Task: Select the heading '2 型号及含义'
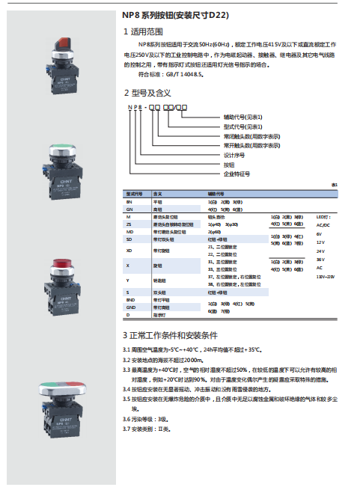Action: (147, 93)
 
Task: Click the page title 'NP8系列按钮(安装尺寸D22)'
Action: (176, 14)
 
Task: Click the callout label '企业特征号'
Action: (237, 173)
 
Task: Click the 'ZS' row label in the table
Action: (129, 224)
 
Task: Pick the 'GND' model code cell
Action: (131, 307)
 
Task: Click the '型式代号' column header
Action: (134, 194)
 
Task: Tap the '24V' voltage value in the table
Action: (320, 251)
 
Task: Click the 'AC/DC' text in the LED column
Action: (323, 224)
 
